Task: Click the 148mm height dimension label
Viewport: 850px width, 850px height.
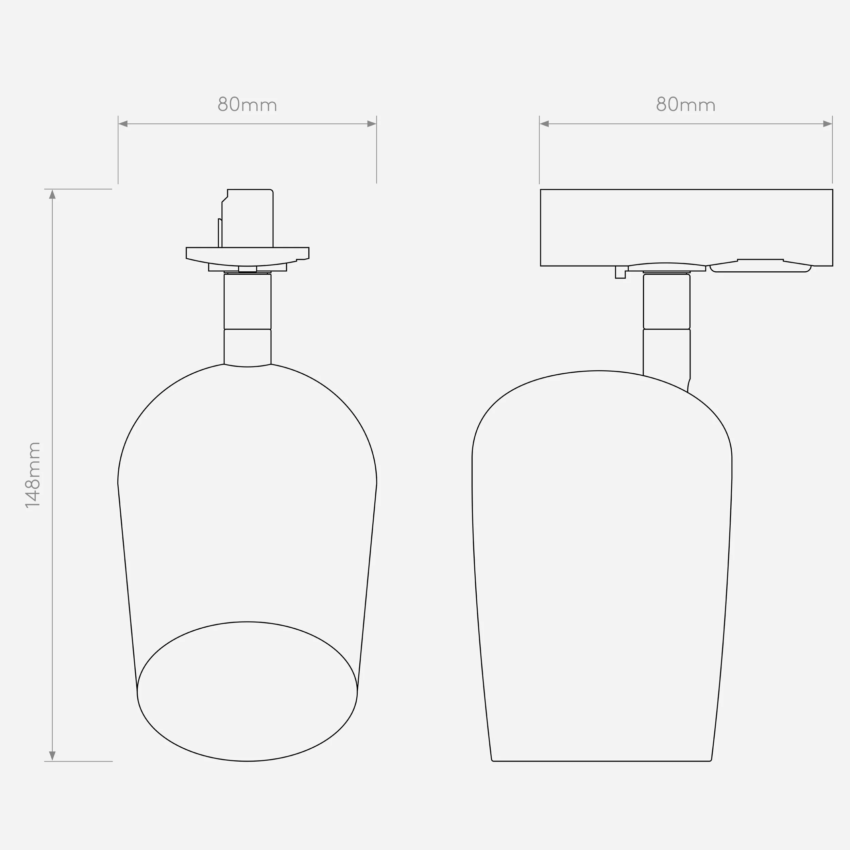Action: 33,475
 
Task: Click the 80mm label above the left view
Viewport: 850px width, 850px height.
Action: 247,105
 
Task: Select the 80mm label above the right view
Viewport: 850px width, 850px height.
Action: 686,105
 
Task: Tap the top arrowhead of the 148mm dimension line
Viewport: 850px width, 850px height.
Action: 52,194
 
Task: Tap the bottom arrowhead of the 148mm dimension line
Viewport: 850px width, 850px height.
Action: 52,756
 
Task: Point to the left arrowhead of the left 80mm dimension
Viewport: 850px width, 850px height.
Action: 123,124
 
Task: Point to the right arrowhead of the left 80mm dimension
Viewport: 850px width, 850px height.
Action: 372,124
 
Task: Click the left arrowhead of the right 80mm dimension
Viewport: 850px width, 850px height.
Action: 545,124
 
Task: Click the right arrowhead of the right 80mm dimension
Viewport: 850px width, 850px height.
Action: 828,124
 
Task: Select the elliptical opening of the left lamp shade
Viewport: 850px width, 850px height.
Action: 247,622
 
